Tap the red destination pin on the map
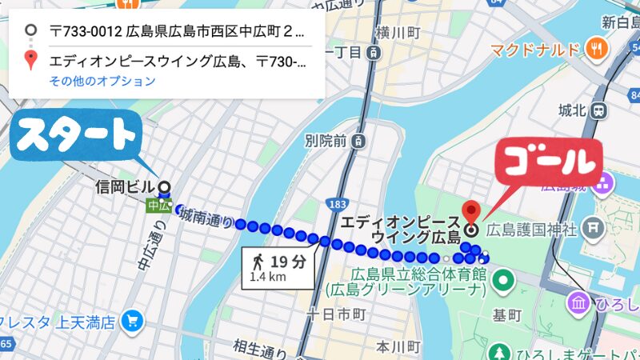[472, 211]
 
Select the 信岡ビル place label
[125, 188]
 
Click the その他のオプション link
[102, 81]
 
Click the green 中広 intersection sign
[159, 206]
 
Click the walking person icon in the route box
[258, 262]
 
